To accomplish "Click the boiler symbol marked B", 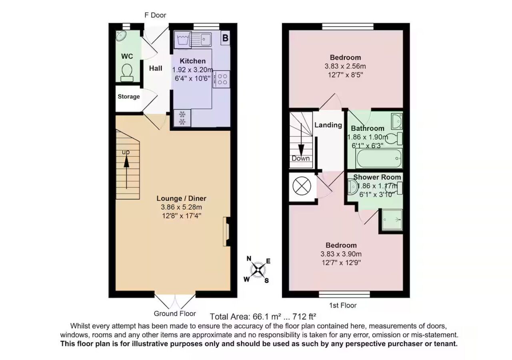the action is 225,38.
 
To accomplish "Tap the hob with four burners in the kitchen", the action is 221,79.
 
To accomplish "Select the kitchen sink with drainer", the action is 200,39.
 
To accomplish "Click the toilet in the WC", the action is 127,73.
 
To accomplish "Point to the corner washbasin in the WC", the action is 121,36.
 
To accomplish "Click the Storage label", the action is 129,96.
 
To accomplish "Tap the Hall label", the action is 156,68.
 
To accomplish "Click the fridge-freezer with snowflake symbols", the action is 182,118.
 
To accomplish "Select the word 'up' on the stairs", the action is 126,152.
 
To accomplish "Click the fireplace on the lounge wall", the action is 226,232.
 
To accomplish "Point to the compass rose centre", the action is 258,270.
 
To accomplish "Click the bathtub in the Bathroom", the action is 379,158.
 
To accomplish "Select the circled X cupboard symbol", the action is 302,186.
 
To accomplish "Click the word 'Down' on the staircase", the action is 300,158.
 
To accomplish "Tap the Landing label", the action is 328,125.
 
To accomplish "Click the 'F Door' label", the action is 156,15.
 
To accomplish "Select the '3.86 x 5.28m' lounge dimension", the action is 181,207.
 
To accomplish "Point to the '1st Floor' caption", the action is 343,305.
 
